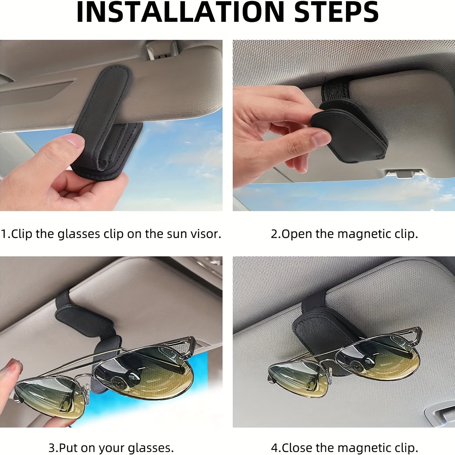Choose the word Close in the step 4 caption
298,448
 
